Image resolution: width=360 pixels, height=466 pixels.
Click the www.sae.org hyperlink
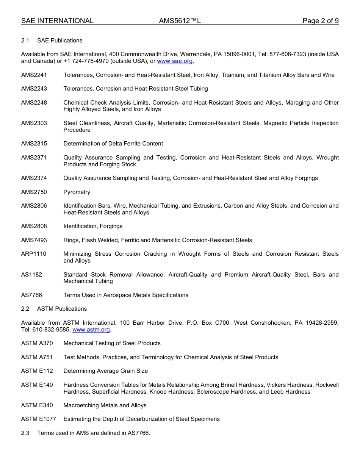coord(175,61)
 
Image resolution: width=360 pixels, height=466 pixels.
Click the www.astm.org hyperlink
coord(91,330)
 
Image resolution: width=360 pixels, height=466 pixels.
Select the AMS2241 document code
coord(34,75)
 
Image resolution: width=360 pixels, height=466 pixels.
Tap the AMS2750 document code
coord(34,192)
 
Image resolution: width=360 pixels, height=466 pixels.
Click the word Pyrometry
coord(77,192)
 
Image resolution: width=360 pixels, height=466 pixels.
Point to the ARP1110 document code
coord(34,254)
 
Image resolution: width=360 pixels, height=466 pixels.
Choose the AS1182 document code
coord(31,275)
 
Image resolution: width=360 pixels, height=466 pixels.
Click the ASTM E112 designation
coord(37,371)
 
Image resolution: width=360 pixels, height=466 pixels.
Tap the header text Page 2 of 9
coord(320,21)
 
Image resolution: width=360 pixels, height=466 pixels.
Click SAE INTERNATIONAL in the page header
coord(57,21)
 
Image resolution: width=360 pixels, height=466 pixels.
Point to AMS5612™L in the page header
coord(180,21)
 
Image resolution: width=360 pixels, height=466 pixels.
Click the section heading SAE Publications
coord(59,41)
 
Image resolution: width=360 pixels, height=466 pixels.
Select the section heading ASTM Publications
coord(62,309)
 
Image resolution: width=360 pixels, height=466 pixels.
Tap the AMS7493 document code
coord(34,240)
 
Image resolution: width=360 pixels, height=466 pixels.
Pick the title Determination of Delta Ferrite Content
coord(113,144)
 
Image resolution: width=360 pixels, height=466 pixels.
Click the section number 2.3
coord(25,433)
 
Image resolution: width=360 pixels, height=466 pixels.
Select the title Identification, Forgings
coord(93,226)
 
